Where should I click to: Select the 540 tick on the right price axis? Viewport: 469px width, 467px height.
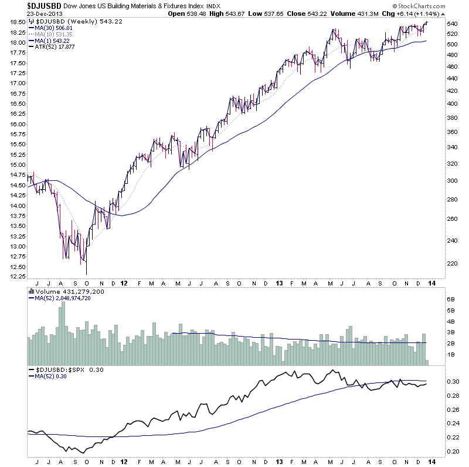tap(451, 23)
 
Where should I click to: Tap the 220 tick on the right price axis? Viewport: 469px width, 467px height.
tap(451, 263)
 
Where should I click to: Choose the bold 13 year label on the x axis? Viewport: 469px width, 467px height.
tap(279, 283)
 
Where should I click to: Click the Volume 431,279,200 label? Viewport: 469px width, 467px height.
tap(65, 291)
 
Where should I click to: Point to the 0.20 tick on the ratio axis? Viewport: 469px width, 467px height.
tap(451, 451)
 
